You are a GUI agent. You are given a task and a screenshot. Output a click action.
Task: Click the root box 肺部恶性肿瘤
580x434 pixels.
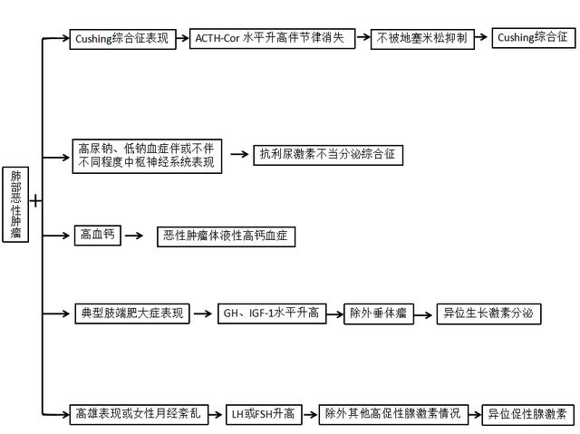[x=15, y=205]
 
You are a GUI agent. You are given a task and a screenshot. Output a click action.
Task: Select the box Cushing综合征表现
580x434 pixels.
[x=123, y=39]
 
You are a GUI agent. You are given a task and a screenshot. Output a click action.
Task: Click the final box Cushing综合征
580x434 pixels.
[x=534, y=39]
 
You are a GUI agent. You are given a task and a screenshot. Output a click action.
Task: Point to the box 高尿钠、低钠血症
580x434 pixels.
[x=146, y=155]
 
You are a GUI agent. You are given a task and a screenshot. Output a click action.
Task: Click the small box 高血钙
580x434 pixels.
[x=98, y=236]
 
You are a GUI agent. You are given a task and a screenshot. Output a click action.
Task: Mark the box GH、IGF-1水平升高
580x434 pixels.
[x=270, y=314]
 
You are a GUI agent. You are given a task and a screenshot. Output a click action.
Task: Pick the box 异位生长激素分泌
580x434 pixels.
[x=490, y=314]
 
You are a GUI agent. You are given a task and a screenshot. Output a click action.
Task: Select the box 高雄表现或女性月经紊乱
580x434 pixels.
[x=139, y=415]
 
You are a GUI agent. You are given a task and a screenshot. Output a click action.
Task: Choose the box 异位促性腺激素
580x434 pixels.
[x=526, y=415]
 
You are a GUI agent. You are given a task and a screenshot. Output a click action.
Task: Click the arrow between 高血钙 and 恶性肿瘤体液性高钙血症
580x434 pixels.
[x=134, y=236]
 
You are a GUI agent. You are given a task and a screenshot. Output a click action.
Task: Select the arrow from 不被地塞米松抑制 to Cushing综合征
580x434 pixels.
[x=478, y=39]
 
